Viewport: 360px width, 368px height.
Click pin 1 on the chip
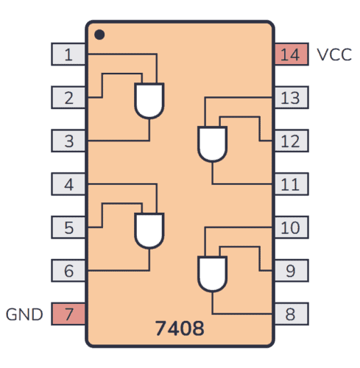(x=68, y=54)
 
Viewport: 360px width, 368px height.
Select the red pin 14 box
(x=291, y=54)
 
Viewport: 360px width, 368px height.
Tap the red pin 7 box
(x=68, y=314)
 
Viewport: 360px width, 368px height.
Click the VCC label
(x=334, y=54)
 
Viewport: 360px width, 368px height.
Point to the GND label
(x=25, y=314)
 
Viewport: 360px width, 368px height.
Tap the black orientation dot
(x=99, y=34)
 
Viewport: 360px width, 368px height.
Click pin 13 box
(x=291, y=97)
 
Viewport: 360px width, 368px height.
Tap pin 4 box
(x=68, y=184)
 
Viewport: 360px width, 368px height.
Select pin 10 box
(x=291, y=227)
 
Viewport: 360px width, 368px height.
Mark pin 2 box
(x=68, y=97)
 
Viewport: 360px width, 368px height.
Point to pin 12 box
(x=291, y=141)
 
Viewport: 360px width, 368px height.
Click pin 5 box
(x=68, y=227)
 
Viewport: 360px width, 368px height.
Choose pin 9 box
(x=291, y=271)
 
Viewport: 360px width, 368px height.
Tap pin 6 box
(x=68, y=271)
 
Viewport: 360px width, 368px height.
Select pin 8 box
(x=291, y=314)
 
